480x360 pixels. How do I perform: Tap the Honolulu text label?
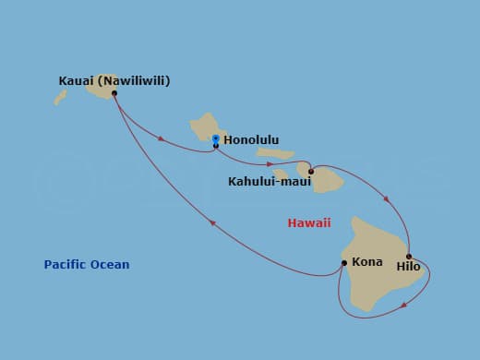tap(251, 141)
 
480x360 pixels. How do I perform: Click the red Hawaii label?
tap(309, 222)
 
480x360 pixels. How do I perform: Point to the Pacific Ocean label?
tap(87, 265)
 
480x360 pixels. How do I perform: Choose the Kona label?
tap(366, 262)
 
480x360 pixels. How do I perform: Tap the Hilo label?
tap(408, 267)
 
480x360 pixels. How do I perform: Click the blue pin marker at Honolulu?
tap(215, 139)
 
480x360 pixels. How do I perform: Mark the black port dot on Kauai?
tap(114, 93)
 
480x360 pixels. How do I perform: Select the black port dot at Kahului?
tap(311, 171)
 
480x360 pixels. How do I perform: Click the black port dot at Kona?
tap(344, 262)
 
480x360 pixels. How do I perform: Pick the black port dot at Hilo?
tap(408, 257)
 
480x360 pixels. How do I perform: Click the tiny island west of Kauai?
tap(60, 96)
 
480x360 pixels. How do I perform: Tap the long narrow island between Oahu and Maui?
tap(275, 154)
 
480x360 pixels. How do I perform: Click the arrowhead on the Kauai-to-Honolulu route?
tap(162, 139)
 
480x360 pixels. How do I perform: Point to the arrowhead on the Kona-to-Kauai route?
tap(213, 222)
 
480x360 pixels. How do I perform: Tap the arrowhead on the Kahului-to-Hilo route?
tap(387, 198)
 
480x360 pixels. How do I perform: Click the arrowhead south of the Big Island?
tap(402, 304)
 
